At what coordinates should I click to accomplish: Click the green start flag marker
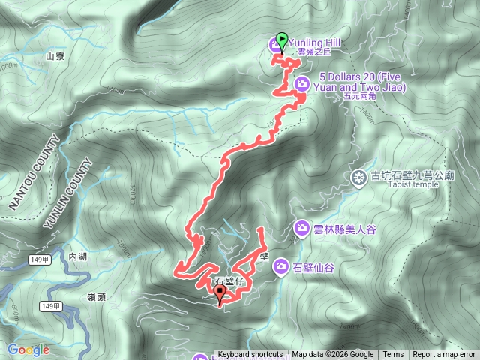click(282, 39)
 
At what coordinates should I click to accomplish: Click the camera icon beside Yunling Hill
click(274, 48)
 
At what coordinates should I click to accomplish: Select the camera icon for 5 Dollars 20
click(302, 82)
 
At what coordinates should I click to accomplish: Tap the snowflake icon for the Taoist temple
click(358, 177)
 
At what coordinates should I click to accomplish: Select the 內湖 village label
click(78, 256)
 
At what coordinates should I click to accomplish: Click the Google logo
click(28, 349)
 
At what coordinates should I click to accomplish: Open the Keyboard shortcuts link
click(250, 355)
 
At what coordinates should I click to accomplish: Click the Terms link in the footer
click(393, 355)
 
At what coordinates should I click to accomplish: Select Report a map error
click(444, 355)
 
